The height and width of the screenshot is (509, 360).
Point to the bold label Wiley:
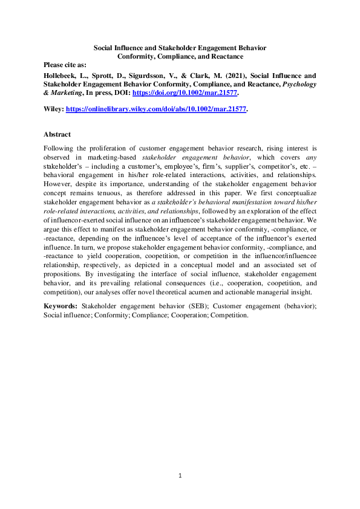click(54, 109)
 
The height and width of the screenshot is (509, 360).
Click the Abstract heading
click(57, 134)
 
